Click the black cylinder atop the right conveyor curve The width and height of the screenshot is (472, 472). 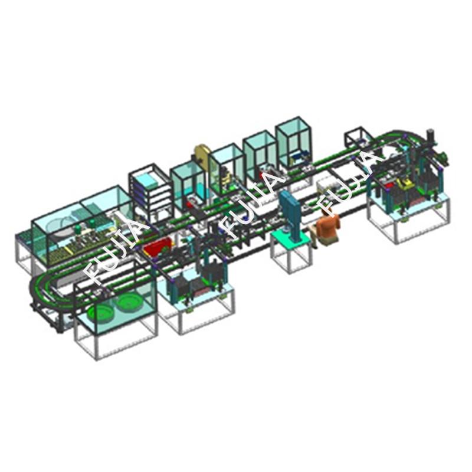pos(431,136)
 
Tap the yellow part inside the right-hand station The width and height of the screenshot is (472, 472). pos(404,183)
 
